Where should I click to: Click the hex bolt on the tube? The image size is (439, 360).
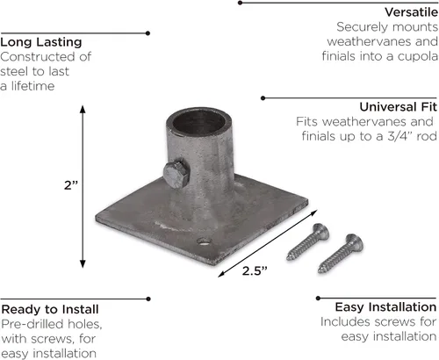point(176,174)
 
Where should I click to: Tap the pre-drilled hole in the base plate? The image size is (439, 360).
point(204,241)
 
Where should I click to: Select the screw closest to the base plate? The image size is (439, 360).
point(308,241)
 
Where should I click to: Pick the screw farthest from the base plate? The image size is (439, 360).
point(341,254)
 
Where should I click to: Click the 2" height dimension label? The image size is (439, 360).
point(71,185)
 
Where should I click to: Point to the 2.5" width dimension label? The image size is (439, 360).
point(255,271)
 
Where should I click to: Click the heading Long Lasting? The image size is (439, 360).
point(41,42)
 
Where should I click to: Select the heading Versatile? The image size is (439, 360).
point(412,12)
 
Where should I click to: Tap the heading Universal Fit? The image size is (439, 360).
point(399,107)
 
